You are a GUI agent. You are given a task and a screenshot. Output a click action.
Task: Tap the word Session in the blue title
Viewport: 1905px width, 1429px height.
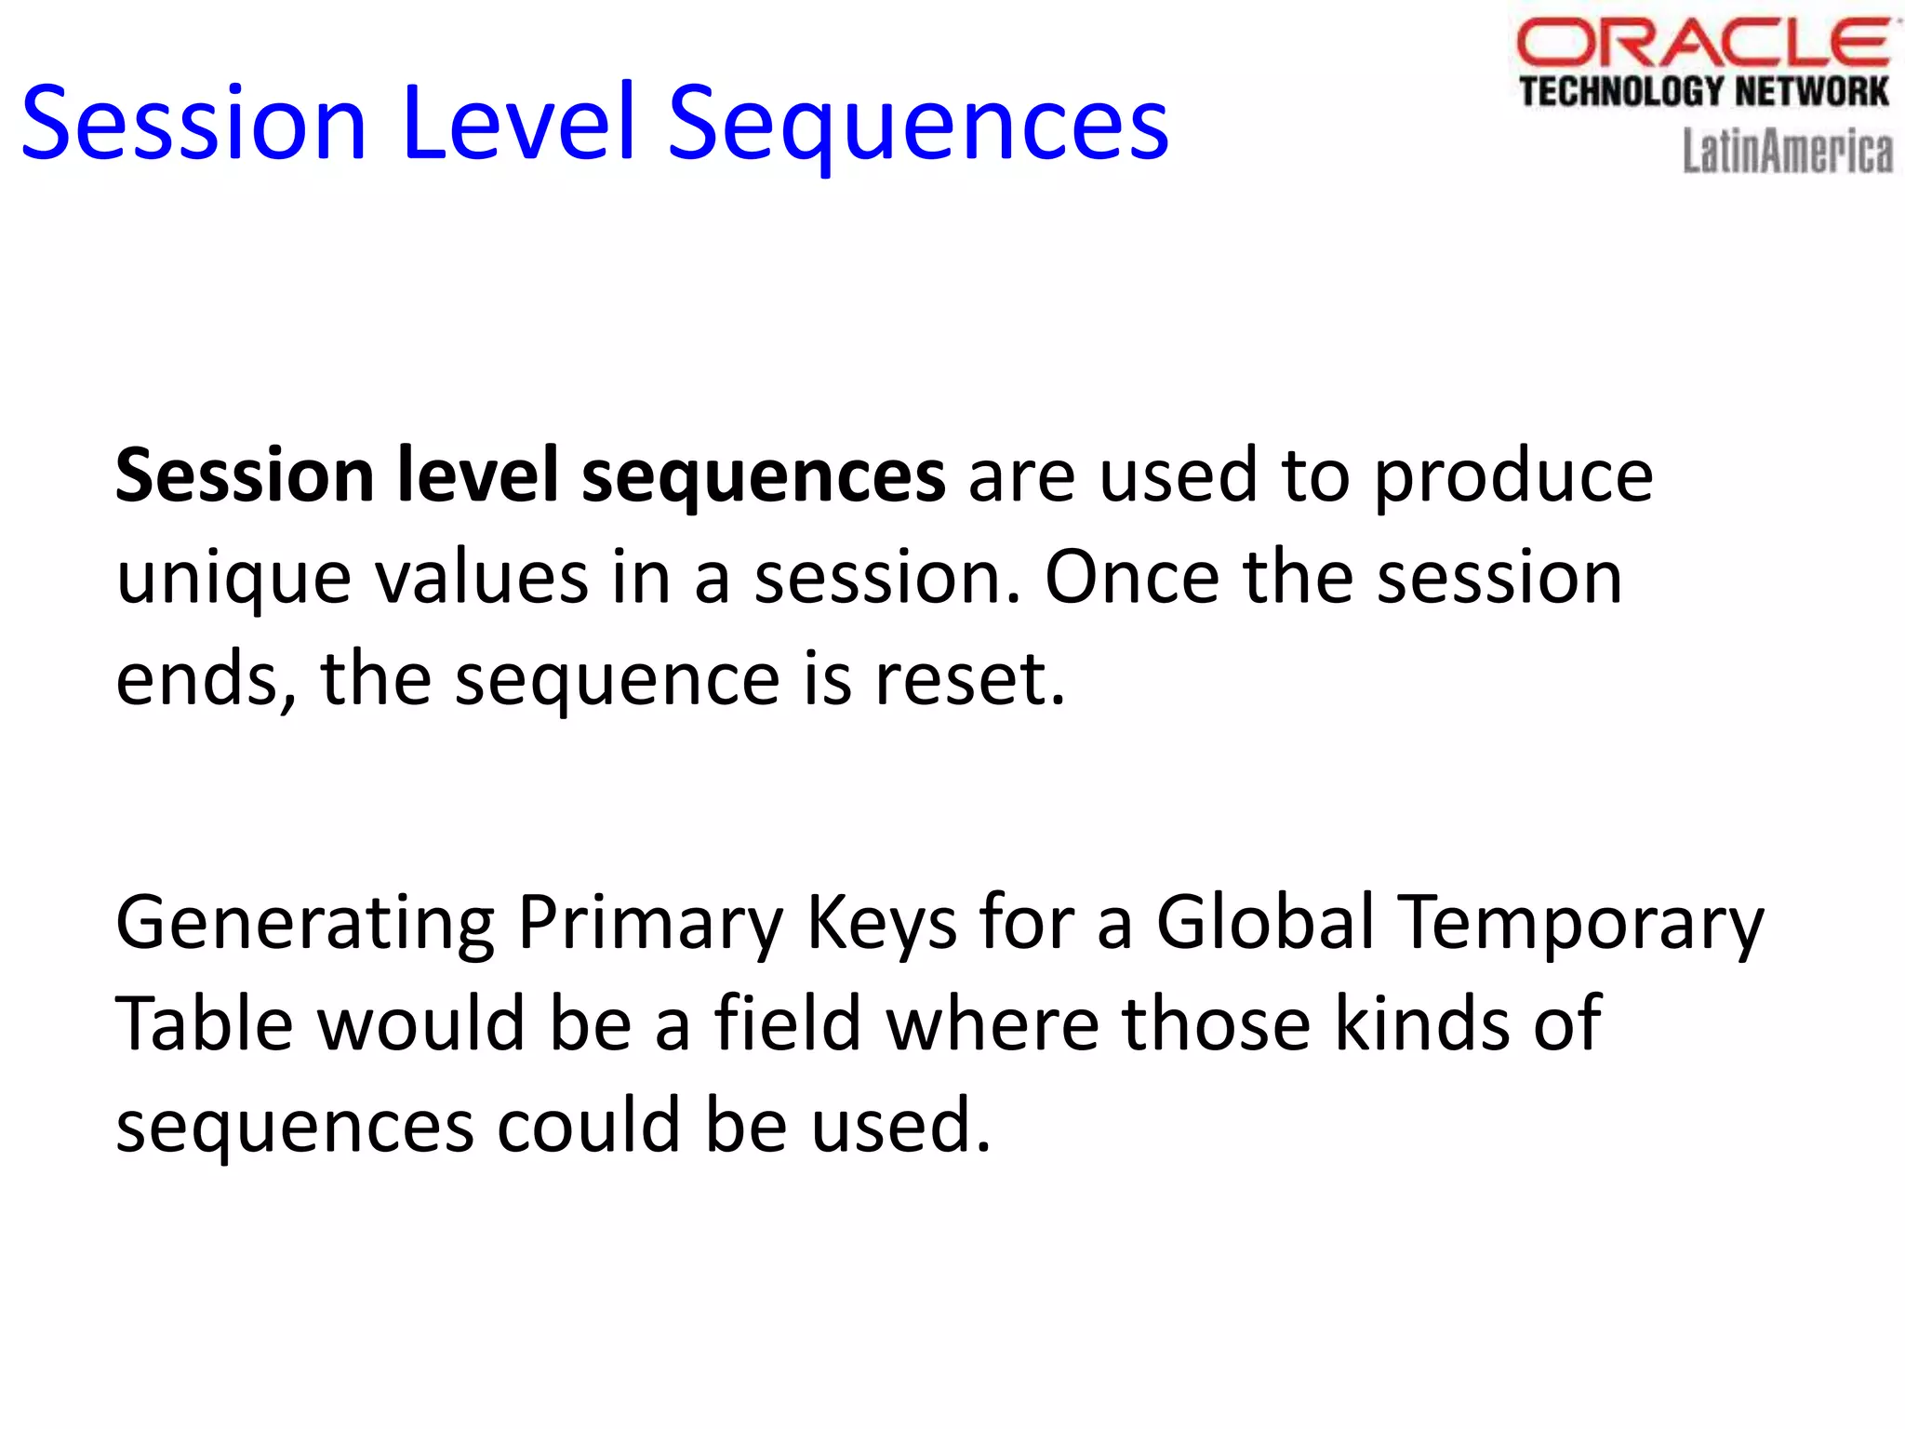(x=193, y=123)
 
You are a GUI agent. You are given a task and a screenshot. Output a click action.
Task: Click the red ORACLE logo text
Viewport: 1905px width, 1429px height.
(x=1702, y=43)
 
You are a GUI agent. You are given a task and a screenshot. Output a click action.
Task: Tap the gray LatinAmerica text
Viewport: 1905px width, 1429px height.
(x=1787, y=152)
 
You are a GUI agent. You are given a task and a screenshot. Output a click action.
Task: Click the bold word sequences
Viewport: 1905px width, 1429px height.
(x=763, y=476)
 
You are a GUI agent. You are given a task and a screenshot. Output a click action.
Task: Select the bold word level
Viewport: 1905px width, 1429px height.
(x=477, y=474)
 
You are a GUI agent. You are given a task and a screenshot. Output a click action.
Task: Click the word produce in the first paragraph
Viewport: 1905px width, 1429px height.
(x=1513, y=476)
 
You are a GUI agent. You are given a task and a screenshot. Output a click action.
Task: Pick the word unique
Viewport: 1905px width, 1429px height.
(x=233, y=579)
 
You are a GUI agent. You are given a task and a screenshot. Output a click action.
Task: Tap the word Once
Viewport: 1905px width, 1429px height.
(x=1131, y=577)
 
